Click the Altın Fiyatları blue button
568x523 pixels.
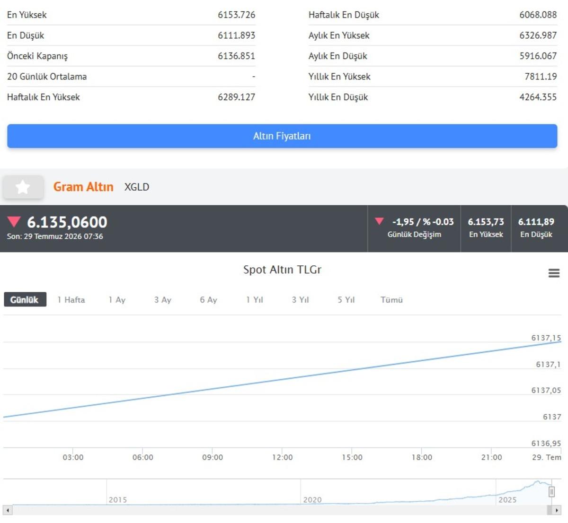[282, 136]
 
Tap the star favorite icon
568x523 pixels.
[23, 187]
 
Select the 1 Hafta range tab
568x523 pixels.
[71, 300]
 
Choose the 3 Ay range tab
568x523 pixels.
[162, 300]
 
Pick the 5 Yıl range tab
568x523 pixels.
[346, 300]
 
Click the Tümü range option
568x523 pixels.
[391, 300]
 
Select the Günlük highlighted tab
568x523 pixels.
[25, 299]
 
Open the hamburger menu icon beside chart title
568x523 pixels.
[554, 273]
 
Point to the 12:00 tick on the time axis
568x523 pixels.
[282, 457]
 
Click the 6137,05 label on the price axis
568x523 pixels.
[546, 390]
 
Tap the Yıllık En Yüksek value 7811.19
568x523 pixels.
[541, 77]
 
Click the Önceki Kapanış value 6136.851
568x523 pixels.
[237, 56]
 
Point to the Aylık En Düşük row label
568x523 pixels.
[337, 56]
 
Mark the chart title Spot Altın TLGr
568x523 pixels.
[282, 270]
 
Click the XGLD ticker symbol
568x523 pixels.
[137, 187]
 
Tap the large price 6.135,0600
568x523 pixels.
[67, 222]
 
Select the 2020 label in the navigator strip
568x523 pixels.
[312, 500]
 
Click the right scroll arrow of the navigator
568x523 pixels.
[557, 510]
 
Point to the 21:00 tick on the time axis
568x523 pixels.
[491, 457]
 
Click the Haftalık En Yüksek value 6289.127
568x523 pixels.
[237, 97]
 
